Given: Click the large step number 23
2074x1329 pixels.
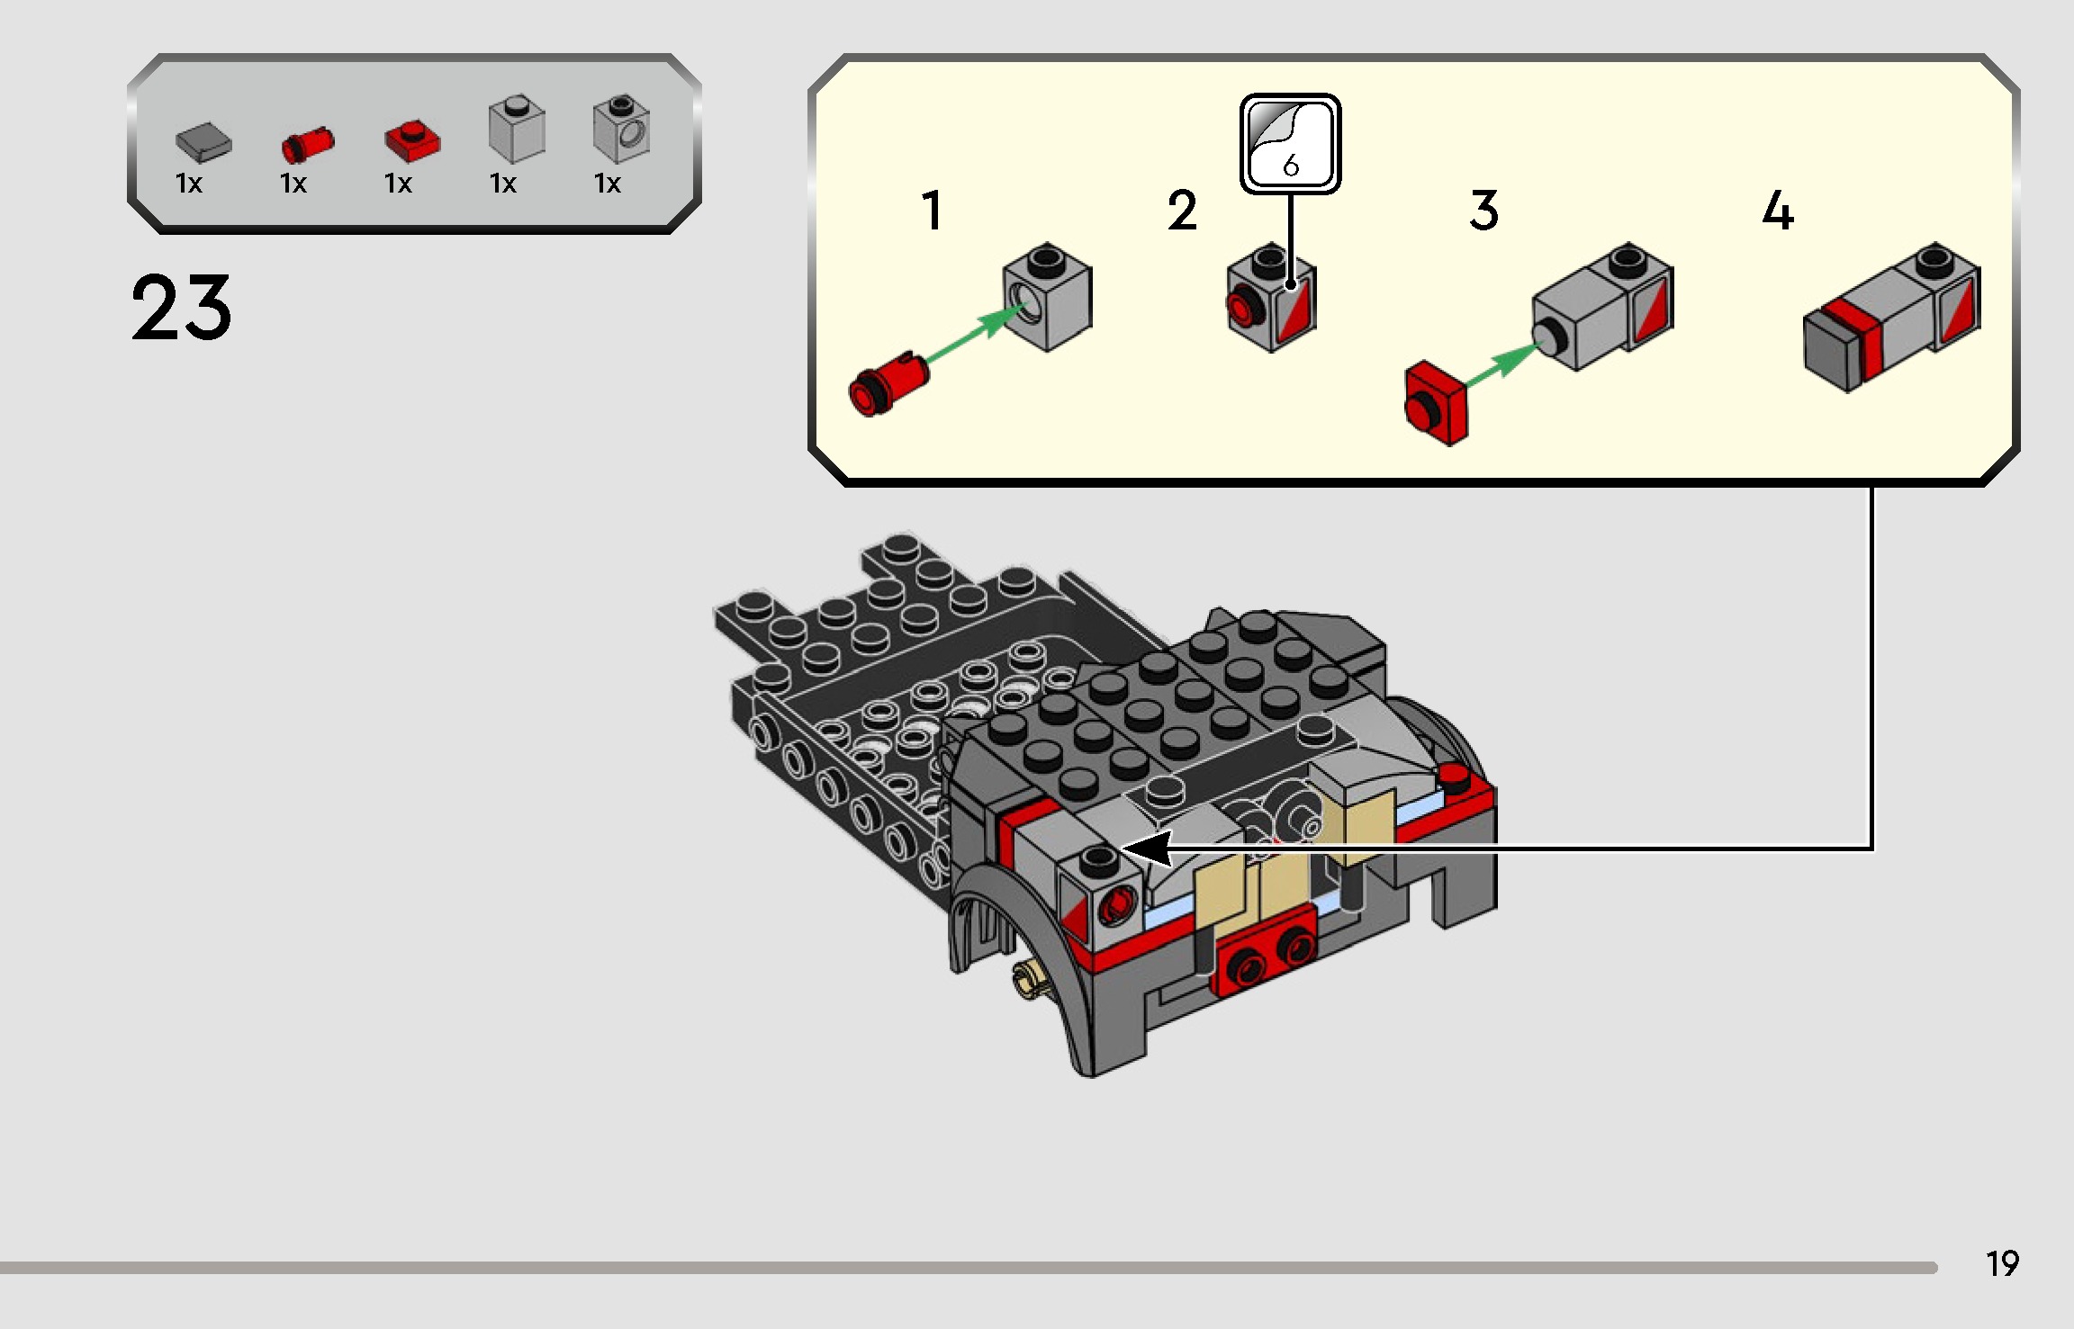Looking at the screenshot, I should [181, 309].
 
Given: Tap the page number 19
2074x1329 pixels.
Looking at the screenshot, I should [2002, 1264].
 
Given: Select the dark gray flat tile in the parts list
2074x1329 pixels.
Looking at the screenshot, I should [203, 142].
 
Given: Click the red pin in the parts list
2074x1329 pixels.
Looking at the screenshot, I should [307, 144].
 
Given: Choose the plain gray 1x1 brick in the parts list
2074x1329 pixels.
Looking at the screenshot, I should [517, 130].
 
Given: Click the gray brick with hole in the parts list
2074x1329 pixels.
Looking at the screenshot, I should [621, 130].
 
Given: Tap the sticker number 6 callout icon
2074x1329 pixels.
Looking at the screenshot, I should [1290, 144].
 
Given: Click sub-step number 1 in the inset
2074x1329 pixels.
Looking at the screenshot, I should [933, 211].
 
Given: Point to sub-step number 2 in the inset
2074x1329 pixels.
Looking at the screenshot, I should [1182, 211].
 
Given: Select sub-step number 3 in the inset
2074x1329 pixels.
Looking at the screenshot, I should [1484, 211].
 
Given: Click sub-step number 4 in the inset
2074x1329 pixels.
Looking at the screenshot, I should [1778, 211].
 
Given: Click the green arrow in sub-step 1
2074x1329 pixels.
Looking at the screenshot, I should [978, 332].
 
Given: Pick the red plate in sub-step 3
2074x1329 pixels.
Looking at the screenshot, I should [1437, 404].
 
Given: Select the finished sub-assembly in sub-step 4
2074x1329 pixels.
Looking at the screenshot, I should [1891, 319].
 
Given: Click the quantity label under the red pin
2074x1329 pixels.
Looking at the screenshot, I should [293, 184].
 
